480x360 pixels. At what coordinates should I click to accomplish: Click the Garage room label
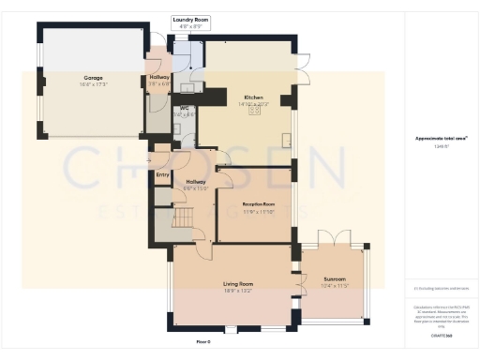point(91,78)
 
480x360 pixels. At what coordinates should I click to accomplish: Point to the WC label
point(186,109)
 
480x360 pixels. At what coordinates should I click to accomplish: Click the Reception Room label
point(258,202)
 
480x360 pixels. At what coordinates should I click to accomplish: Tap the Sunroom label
point(335,278)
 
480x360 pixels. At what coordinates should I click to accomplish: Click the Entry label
point(161,174)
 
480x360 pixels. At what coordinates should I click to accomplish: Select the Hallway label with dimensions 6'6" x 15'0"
point(196,182)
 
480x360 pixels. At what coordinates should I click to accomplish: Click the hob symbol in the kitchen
point(253,110)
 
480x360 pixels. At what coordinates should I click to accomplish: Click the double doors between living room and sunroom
point(300,280)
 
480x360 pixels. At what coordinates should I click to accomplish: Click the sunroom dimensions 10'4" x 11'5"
point(335,285)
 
